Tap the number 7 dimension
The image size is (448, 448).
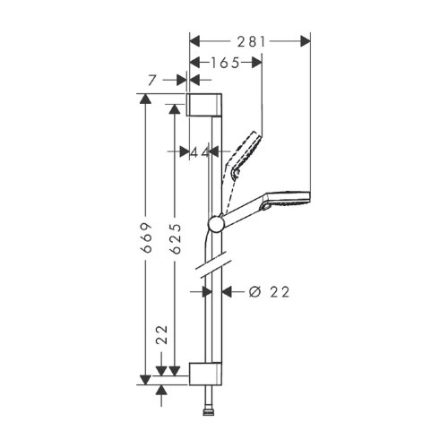[154, 81]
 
